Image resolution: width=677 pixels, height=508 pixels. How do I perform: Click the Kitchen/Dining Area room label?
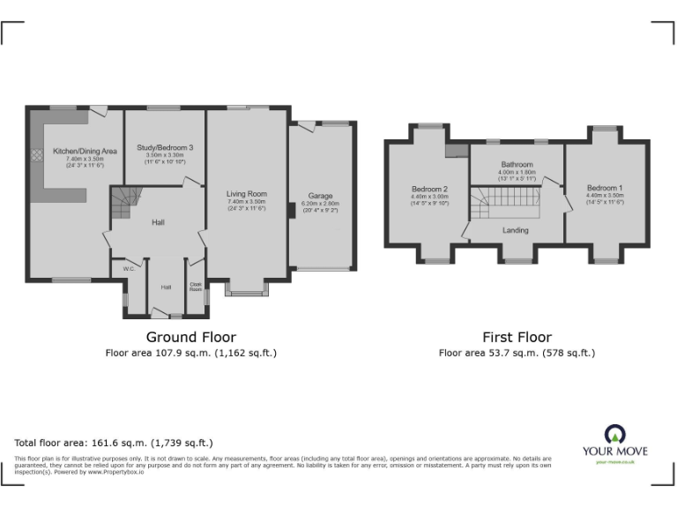[78, 151]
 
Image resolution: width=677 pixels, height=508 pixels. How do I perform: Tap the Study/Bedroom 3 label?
[165, 147]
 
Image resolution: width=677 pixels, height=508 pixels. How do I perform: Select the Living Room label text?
[246, 194]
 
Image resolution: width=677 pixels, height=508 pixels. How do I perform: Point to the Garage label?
[320, 196]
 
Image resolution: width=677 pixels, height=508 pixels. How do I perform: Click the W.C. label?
[128, 269]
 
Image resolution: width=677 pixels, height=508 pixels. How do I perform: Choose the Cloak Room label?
[196, 286]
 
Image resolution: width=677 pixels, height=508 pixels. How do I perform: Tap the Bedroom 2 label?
[430, 189]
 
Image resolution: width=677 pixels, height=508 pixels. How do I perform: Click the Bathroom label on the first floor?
[517, 165]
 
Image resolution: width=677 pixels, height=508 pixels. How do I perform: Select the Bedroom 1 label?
[605, 188]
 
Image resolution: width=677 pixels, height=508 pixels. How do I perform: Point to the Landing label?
[516, 230]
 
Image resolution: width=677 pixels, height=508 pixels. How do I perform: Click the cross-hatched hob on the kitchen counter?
[38, 154]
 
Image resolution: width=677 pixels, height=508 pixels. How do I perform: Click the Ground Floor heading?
[190, 337]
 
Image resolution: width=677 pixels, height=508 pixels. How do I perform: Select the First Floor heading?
[517, 337]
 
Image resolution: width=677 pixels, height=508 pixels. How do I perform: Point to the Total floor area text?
[114, 443]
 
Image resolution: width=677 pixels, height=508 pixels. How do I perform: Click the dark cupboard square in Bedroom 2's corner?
[456, 150]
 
